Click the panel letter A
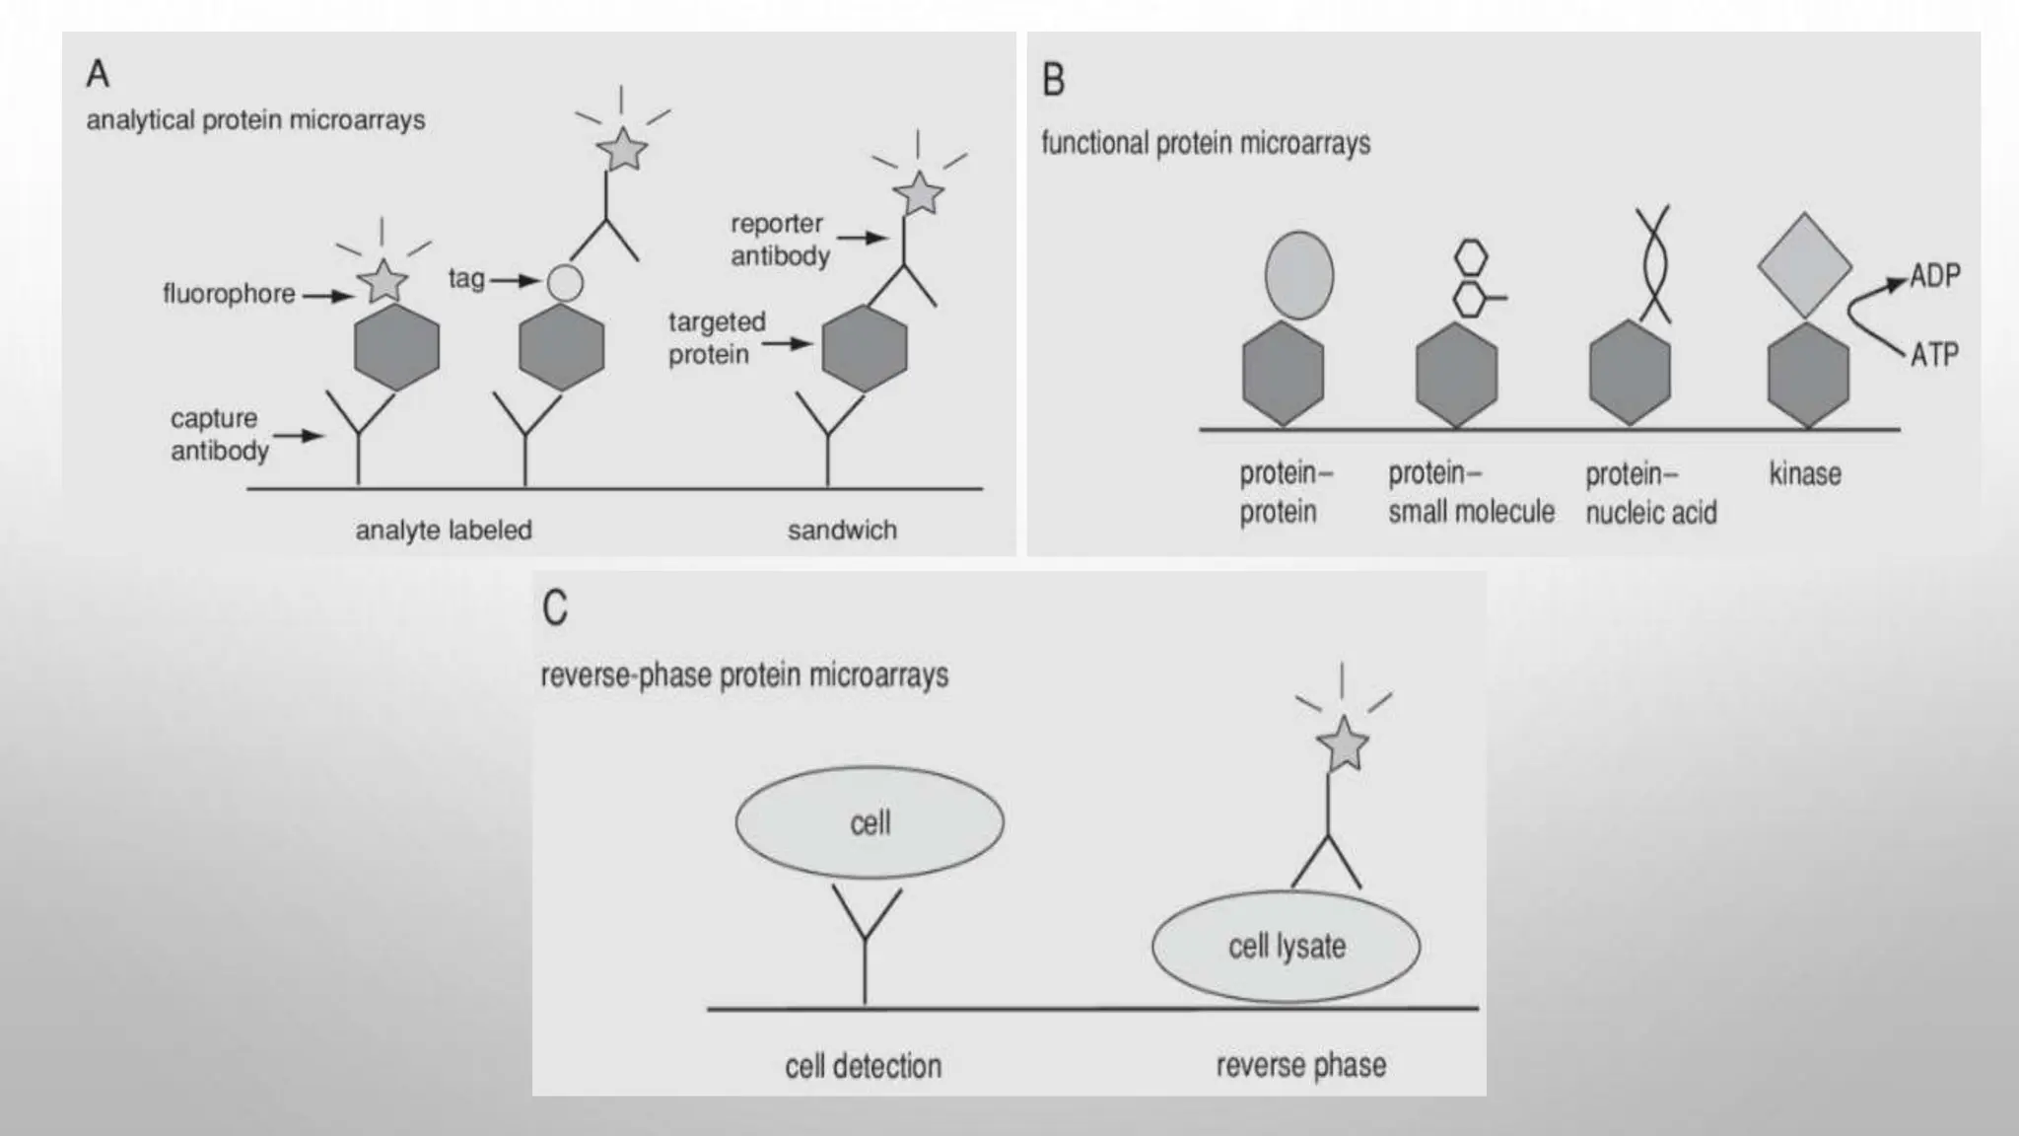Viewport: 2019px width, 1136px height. [x=98, y=74]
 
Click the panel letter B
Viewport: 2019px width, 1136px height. [x=1054, y=80]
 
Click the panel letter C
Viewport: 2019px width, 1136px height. [x=555, y=607]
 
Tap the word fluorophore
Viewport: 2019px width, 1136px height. [x=229, y=294]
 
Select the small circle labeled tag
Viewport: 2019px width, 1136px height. [x=565, y=283]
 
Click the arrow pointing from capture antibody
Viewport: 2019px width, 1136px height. [x=299, y=435]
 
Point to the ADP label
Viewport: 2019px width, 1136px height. [x=1934, y=276]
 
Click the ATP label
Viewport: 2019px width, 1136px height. [x=1934, y=354]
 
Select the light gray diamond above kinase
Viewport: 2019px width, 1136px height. [x=1804, y=265]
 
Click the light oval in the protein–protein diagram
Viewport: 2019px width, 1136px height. [x=1298, y=275]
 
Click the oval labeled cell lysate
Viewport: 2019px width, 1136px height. [x=1286, y=947]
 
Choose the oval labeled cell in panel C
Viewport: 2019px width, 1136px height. [x=870, y=822]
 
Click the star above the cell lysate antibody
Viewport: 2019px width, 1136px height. [x=1343, y=745]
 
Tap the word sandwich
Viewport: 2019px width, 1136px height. [x=842, y=531]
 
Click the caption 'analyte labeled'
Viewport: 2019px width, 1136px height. [x=444, y=531]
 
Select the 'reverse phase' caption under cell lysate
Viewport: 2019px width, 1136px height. [x=1300, y=1066]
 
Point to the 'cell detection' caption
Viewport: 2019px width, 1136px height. [x=863, y=1066]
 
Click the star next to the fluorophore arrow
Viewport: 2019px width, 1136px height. [x=383, y=282]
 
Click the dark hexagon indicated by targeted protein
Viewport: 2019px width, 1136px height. [x=865, y=348]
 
